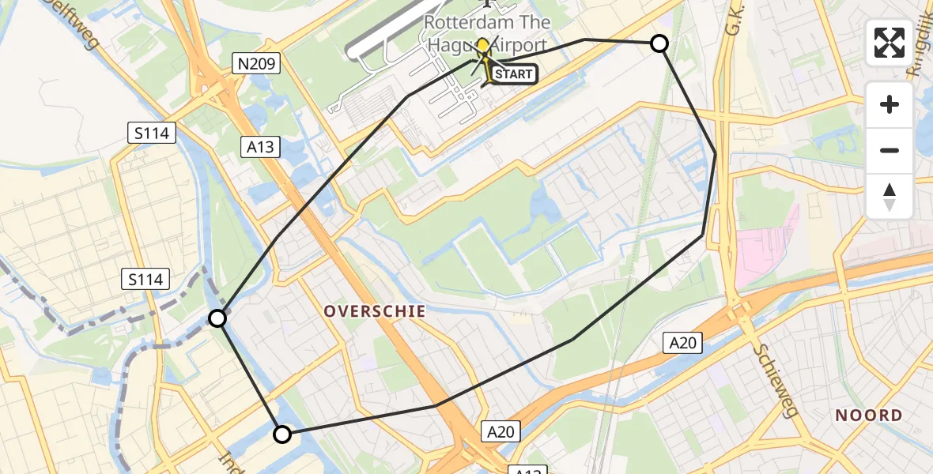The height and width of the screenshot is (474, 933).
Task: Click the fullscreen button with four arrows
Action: click(x=890, y=43)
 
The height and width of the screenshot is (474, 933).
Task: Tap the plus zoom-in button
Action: click(x=890, y=104)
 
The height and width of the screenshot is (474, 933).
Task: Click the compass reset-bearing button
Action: click(x=890, y=197)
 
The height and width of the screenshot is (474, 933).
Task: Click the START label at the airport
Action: click(x=514, y=75)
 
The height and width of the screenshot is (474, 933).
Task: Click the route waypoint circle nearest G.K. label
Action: click(x=659, y=43)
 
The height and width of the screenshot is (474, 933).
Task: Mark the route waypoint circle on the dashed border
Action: click(x=217, y=318)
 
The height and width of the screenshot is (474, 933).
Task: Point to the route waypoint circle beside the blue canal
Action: click(x=282, y=434)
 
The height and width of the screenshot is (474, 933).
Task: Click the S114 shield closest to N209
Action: click(x=150, y=133)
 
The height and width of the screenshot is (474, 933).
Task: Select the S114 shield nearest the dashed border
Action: click(x=145, y=278)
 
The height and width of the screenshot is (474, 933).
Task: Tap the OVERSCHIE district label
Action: click(x=375, y=311)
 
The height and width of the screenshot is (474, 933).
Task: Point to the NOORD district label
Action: click(x=869, y=416)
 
